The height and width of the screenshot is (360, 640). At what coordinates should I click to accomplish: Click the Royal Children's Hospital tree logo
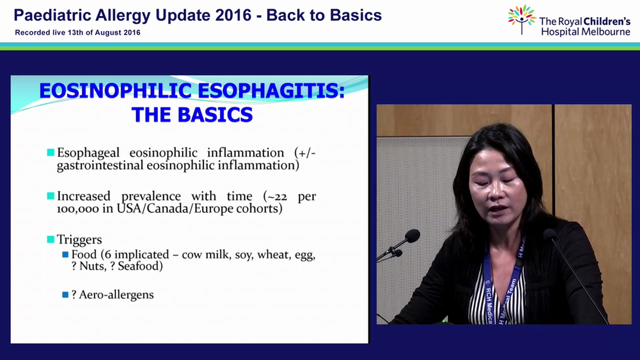tap(521, 19)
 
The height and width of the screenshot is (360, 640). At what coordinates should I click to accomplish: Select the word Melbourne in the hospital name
tap(604, 32)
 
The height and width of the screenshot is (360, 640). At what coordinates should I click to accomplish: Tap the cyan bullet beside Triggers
tap(50, 239)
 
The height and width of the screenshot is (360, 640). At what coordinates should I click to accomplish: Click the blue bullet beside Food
tap(65, 254)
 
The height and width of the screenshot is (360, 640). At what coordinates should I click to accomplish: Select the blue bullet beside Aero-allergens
tap(65, 294)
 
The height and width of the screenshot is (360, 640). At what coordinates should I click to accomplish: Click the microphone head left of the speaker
tap(412, 236)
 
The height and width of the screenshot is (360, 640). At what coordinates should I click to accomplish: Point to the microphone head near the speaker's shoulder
tap(549, 234)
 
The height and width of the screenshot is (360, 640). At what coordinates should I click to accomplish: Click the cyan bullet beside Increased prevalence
tap(50, 196)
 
